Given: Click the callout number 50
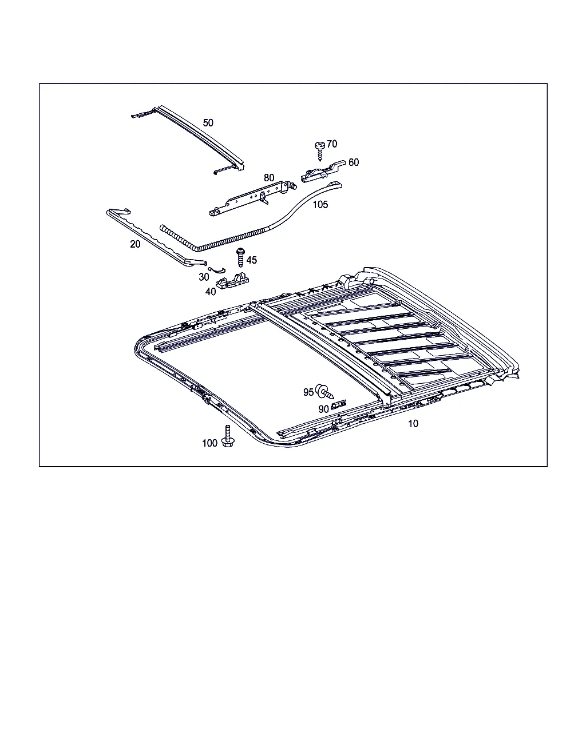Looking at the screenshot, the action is point(208,122).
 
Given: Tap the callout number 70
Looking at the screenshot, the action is point(332,144).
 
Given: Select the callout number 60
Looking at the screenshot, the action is point(354,162).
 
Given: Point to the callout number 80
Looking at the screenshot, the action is point(268,177).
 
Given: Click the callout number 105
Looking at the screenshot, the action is point(320,204).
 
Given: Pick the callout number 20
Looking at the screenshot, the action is point(135,244).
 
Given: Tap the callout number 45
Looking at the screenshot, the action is point(252,260).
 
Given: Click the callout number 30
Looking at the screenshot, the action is point(204,277).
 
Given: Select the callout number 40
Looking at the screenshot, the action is point(211,292).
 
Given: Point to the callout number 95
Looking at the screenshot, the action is point(308,392).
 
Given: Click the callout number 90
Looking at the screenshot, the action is point(323,409).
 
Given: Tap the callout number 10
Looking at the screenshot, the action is point(413,424).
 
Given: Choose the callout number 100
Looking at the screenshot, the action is point(209,443).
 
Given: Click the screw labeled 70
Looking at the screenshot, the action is point(320,152).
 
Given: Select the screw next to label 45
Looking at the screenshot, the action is point(241,257).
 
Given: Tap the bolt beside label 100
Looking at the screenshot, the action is point(228,436).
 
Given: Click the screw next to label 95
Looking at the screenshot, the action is point(324,392).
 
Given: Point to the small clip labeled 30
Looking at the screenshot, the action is point(216,270).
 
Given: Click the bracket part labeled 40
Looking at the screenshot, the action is point(232,281).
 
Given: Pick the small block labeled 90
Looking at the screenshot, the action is point(339,404).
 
